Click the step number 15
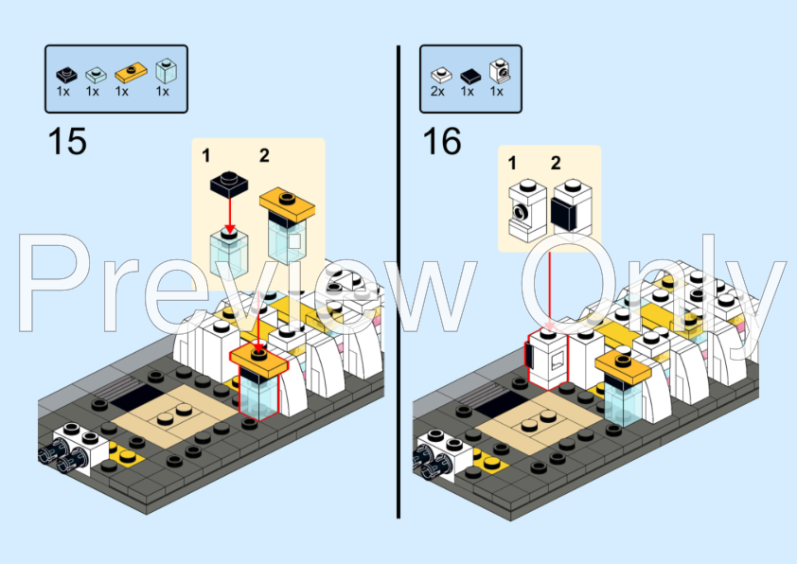tap(66, 142)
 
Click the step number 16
tap(441, 142)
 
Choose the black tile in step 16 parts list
tap(470, 74)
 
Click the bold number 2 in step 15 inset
tap(264, 154)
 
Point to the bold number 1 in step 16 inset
tap(512, 163)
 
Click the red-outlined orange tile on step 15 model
tap(258, 360)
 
